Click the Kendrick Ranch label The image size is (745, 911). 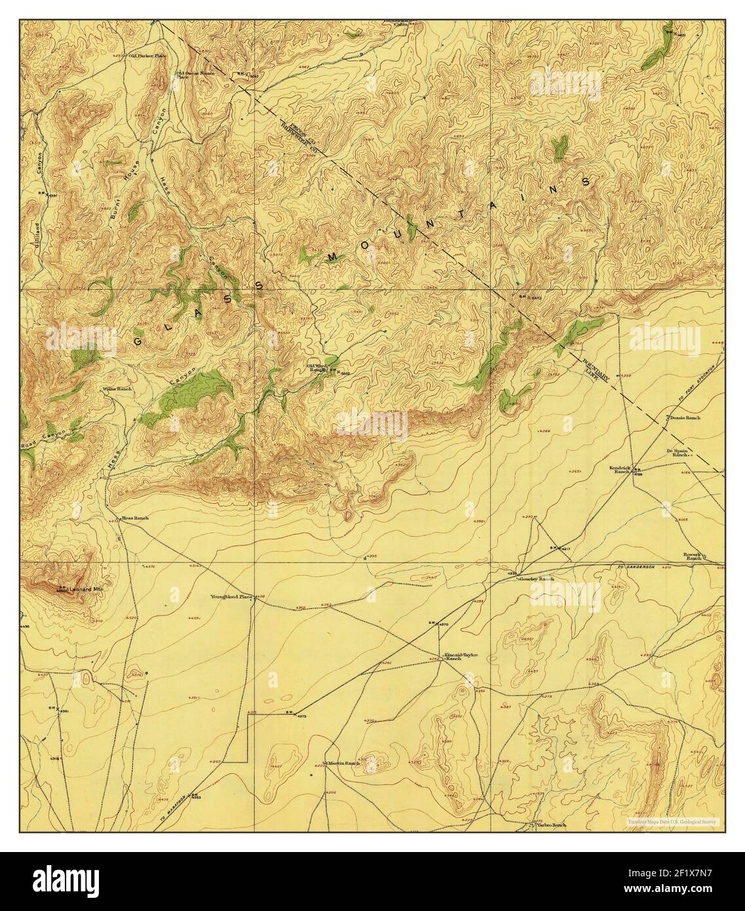point(619,470)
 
